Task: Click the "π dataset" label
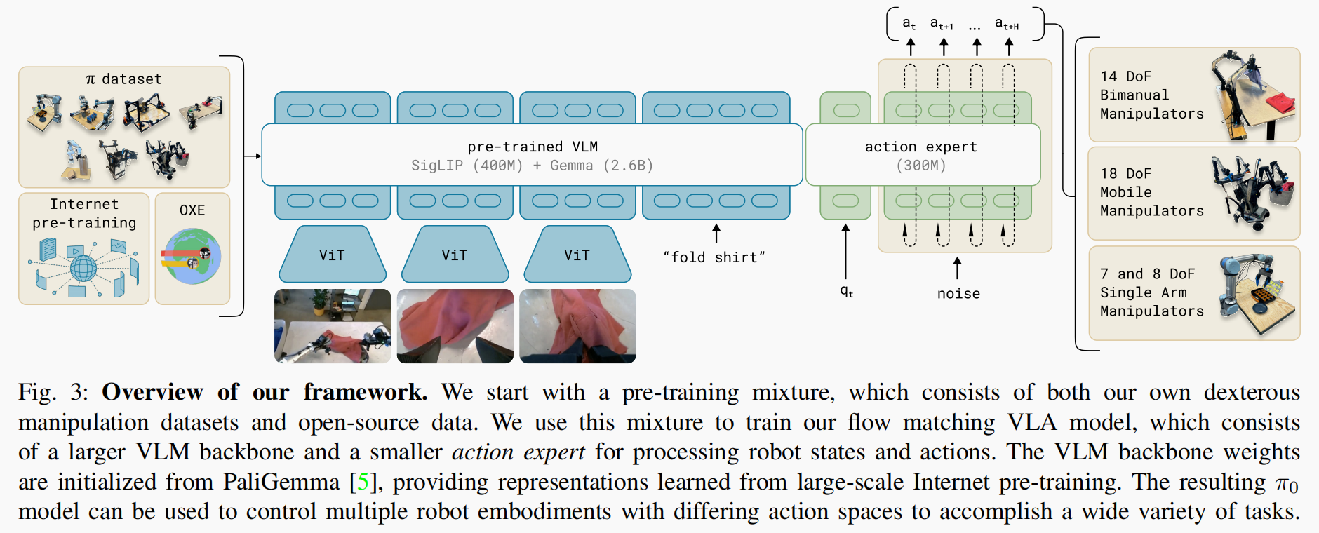coord(123,79)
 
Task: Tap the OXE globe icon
coord(191,257)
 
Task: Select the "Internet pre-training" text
coord(84,213)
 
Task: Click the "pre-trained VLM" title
coord(533,147)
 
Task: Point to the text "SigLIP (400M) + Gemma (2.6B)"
coord(533,166)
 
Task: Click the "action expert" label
coord(920,147)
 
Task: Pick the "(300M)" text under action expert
coord(920,166)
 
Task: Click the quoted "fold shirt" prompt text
coord(714,257)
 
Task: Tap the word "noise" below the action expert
coord(958,294)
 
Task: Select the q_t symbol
coord(847,291)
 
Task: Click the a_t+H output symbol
coord(1007,24)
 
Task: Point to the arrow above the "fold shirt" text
coord(716,234)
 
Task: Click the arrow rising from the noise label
coord(957,268)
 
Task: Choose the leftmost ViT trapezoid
coord(333,254)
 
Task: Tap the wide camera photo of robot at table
coord(333,326)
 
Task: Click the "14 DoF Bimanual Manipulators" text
coord(1151,95)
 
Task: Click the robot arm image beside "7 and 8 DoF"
coord(1257,295)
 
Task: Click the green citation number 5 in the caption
coord(363,482)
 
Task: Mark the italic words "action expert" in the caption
coord(518,452)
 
